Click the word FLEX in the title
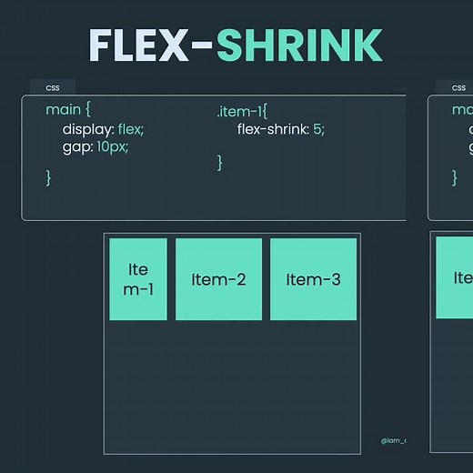(144, 45)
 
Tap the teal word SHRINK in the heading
(299, 45)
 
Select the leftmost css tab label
(53, 87)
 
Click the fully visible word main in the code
(62, 109)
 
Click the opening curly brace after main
(87, 110)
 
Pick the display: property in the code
(88, 128)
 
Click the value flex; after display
(131, 128)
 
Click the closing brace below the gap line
(49, 177)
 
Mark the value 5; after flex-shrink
(317, 129)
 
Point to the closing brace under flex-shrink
(220, 162)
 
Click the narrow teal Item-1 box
(138, 278)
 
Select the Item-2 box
(219, 279)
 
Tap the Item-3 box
(313, 279)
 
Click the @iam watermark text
(394, 441)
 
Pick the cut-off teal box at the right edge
(455, 277)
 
